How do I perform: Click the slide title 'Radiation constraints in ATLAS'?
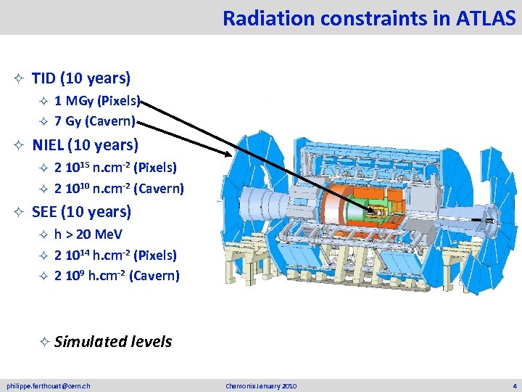369,17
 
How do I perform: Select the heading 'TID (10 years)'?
81,78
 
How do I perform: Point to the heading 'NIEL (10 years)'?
85,144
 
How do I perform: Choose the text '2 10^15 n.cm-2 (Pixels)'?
115,168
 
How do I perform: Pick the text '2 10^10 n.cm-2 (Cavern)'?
119,189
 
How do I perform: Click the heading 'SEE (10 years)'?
81,212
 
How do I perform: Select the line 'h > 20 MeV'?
88,234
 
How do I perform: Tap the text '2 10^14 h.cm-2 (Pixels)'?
115,255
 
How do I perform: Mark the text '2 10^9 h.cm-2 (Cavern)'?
117,276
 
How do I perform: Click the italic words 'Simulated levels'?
112,341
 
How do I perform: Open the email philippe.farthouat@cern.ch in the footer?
49,385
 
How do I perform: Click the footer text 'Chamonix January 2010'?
261,385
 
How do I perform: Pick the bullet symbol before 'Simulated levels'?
44,342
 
